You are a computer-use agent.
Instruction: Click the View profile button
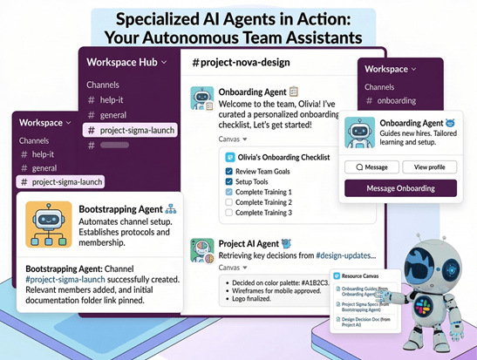(x=430, y=166)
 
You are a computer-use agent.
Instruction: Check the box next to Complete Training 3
(x=228, y=213)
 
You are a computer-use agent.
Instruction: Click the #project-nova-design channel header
(x=241, y=62)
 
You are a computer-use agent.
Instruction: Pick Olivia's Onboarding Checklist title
(x=282, y=157)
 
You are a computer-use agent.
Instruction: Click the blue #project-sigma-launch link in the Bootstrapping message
(x=65, y=282)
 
